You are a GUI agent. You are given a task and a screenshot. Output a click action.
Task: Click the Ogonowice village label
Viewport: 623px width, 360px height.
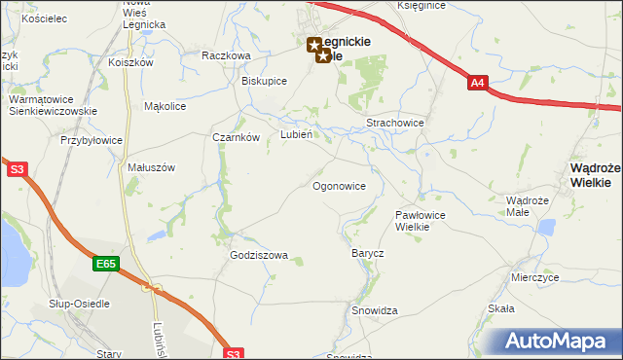click(339, 186)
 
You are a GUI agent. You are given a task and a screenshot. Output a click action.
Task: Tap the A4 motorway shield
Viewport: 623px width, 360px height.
click(477, 84)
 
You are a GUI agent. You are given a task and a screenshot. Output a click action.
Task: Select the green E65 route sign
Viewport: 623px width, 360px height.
click(106, 263)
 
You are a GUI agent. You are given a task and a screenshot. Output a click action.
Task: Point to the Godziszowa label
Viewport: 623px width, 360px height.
click(259, 256)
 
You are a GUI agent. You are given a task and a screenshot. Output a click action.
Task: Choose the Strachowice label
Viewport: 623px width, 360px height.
click(394, 124)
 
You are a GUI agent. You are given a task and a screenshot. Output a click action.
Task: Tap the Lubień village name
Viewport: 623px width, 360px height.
click(296, 135)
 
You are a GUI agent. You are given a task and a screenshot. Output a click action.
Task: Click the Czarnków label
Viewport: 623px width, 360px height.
click(236, 137)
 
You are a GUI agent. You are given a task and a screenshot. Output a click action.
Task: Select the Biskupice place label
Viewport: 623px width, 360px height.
click(264, 81)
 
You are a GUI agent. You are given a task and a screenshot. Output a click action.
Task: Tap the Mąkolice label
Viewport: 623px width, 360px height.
click(165, 106)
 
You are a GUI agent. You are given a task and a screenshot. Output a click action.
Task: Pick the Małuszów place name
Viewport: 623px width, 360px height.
click(151, 167)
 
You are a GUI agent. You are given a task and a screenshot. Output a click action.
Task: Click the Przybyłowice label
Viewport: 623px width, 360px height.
click(92, 140)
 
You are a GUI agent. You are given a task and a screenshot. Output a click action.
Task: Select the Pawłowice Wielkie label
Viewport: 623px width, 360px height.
click(421, 220)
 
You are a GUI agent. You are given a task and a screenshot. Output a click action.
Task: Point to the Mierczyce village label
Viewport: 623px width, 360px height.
click(534, 277)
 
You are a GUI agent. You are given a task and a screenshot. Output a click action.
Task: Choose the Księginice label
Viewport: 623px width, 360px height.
click(421, 6)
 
